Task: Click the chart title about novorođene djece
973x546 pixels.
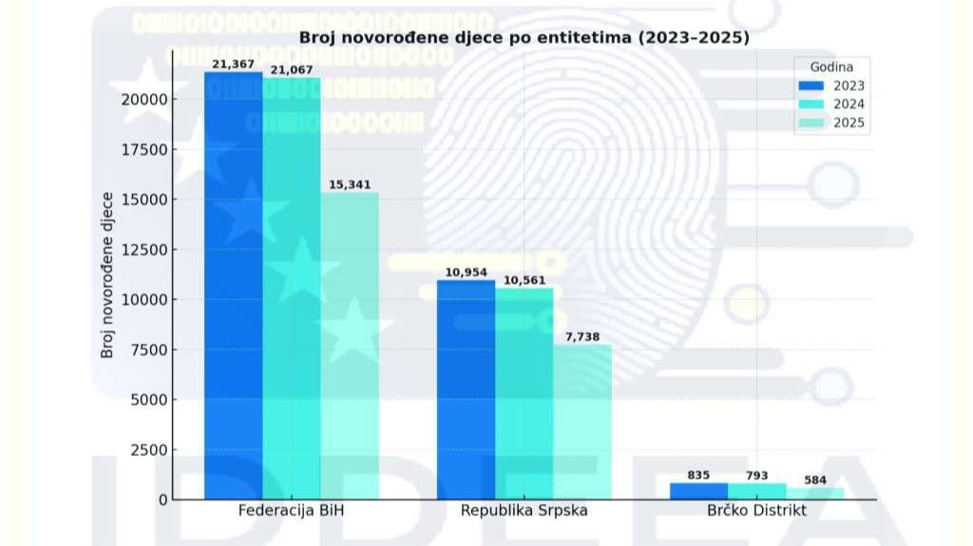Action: (x=525, y=38)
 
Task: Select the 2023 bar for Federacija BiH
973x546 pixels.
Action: (x=233, y=285)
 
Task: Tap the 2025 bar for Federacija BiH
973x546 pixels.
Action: (x=350, y=347)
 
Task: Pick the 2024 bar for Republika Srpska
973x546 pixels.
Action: (x=524, y=394)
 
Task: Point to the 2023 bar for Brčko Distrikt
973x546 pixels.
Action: (x=698, y=491)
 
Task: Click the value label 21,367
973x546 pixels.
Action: (x=233, y=64)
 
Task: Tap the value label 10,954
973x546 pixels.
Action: (x=466, y=273)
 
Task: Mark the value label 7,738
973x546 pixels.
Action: (x=582, y=337)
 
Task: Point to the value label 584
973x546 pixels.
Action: (x=815, y=480)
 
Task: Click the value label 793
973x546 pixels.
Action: (x=756, y=475)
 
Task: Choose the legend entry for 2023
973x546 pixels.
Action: (x=832, y=85)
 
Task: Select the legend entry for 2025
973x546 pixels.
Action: (x=832, y=122)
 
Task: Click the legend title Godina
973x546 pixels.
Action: (x=830, y=66)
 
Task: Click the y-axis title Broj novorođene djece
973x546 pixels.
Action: (x=107, y=275)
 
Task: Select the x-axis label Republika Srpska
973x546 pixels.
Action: (x=524, y=511)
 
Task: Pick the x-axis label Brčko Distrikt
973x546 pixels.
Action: (x=756, y=511)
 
